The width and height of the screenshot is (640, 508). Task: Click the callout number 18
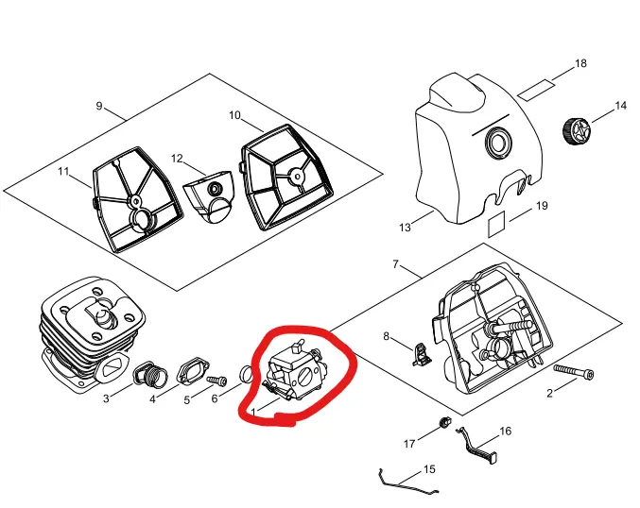click(x=580, y=63)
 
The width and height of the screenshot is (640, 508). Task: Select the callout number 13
click(x=405, y=228)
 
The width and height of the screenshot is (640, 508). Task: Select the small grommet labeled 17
click(x=441, y=421)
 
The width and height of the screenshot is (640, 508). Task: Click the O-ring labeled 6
click(x=245, y=375)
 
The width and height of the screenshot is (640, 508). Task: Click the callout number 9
click(x=99, y=106)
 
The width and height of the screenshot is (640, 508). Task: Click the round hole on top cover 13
click(x=497, y=144)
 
